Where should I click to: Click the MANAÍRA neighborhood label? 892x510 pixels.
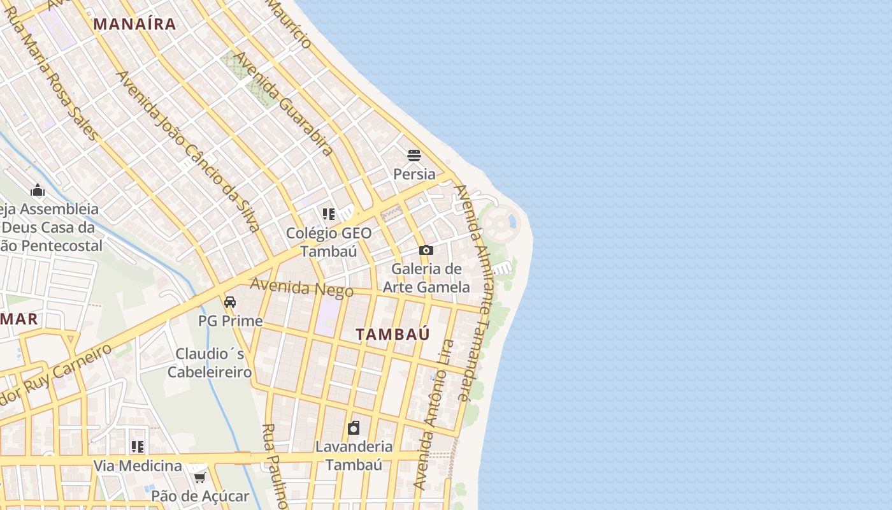(x=134, y=24)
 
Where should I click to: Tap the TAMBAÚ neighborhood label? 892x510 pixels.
(x=392, y=334)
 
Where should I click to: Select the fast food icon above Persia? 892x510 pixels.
(x=414, y=156)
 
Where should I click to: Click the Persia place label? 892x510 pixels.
(x=414, y=174)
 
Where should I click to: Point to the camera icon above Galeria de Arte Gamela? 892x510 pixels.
(x=426, y=251)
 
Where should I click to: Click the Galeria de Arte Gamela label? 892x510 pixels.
(x=426, y=278)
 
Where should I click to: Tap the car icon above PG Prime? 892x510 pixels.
(x=230, y=302)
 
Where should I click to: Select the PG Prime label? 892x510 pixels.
(x=230, y=321)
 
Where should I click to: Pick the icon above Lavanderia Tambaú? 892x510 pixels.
(x=354, y=428)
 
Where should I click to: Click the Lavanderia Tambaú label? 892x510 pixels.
(x=354, y=455)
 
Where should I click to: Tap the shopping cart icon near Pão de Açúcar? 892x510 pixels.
(x=199, y=477)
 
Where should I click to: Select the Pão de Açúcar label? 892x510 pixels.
(x=200, y=495)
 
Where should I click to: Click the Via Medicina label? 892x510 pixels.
(x=138, y=466)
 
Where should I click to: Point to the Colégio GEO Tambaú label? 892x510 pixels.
(x=328, y=242)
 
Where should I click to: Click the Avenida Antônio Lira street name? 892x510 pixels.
(x=434, y=414)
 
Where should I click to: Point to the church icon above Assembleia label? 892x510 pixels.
(x=38, y=191)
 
